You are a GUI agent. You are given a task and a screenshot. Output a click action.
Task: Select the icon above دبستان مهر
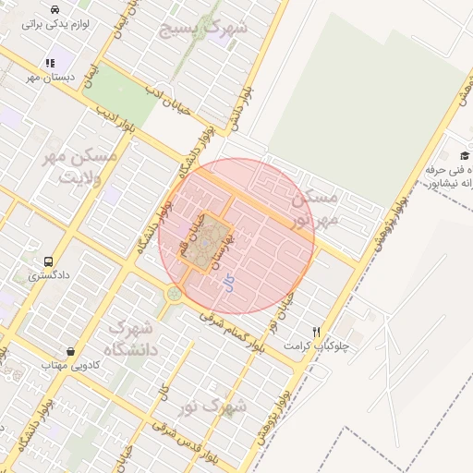coord(48,63)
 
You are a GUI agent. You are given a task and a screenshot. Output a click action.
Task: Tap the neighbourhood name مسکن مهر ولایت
coord(81,167)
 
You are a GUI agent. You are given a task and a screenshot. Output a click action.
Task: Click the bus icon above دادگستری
coord(48,261)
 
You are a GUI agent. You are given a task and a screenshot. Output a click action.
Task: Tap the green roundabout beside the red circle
coord(173,295)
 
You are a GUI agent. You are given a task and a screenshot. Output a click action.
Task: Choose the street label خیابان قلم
coord(186,236)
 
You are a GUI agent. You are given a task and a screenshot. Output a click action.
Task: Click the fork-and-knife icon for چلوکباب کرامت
coord(316,332)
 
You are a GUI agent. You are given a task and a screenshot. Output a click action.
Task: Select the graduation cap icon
coord(464,156)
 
